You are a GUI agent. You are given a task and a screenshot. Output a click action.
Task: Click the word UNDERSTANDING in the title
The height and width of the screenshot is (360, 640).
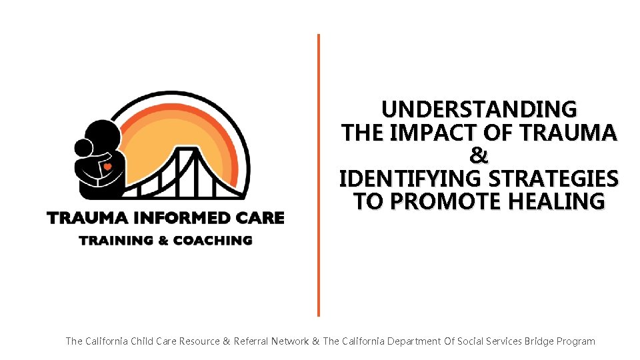(479, 109)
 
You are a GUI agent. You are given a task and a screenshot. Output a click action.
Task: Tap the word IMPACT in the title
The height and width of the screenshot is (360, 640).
(429, 133)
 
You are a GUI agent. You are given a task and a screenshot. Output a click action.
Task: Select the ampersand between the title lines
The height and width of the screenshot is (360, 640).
(479, 156)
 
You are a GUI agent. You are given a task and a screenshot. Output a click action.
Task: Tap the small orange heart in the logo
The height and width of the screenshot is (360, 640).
(107, 167)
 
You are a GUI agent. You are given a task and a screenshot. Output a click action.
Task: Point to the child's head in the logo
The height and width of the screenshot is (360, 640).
(83, 148)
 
